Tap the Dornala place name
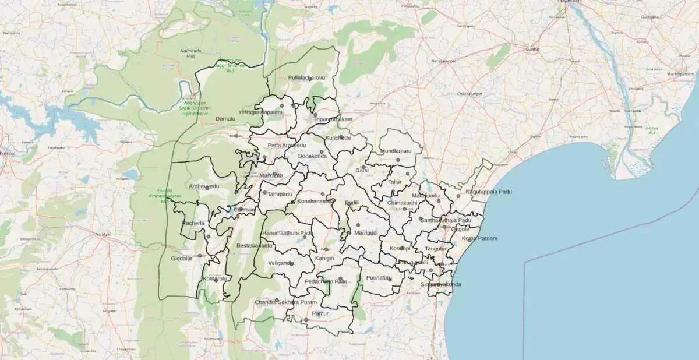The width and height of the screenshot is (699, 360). [x=225, y=119]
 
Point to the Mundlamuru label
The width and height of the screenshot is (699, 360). [x=396, y=151]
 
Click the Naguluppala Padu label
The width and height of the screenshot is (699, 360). [x=488, y=192]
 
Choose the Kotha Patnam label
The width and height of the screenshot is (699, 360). [x=479, y=239]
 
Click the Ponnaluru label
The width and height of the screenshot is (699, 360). [x=379, y=278]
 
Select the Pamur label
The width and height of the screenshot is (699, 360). [x=320, y=313]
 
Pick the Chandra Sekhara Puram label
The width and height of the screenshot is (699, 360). [x=285, y=302]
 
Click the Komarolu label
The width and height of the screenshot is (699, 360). [x=214, y=278]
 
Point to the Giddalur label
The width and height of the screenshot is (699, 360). [x=182, y=258]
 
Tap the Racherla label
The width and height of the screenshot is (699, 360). [x=193, y=223]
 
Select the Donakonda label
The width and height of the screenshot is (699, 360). [x=312, y=157]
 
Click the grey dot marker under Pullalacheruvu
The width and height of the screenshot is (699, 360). [x=310, y=79]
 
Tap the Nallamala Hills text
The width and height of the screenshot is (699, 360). [x=190, y=53]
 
